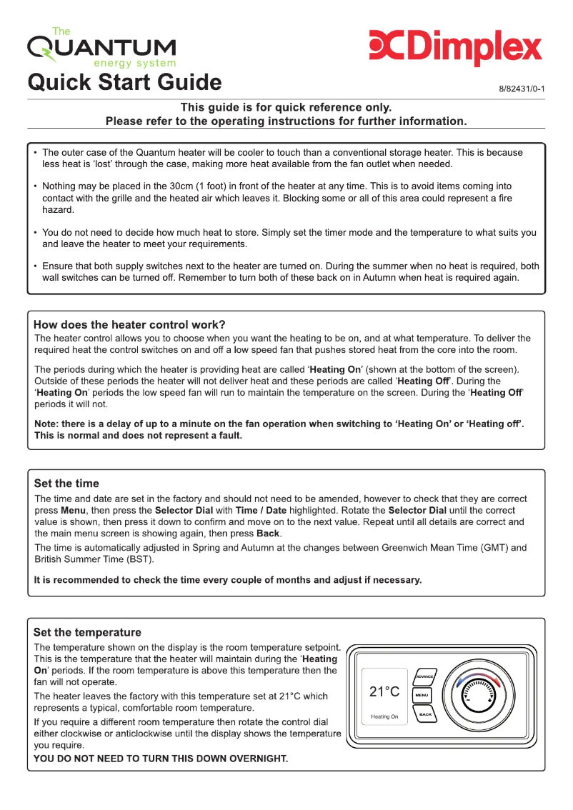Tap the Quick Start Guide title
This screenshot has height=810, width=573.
[x=124, y=82]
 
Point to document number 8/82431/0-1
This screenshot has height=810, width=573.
[x=522, y=89]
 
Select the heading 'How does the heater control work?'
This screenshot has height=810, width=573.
[x=129, y=324]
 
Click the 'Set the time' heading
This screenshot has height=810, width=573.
[x=66, y=484]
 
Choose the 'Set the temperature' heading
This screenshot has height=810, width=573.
[x=87, y=632]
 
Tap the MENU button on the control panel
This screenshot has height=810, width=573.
[x=422, y=695]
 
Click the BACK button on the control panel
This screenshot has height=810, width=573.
[x=425, y=714]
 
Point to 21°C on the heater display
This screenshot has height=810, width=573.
[x=384, y=691]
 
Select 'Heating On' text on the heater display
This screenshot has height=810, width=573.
[x=384, y=716]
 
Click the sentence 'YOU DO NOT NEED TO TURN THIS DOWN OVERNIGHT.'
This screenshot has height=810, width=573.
[x=161, y=759]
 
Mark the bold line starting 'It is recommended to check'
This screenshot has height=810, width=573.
[x=228, y=580]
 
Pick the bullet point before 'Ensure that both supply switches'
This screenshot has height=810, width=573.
[x=36, y=266]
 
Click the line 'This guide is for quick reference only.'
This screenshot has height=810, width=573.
[x=286, y=107]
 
